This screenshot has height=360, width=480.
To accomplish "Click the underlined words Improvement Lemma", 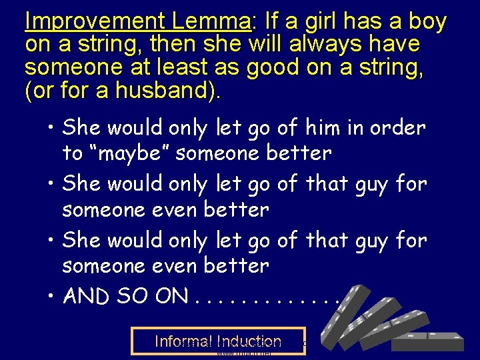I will pos(137,21).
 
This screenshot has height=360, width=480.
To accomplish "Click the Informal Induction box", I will pos(218,341).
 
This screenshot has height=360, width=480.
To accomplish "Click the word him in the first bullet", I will pos(329,127).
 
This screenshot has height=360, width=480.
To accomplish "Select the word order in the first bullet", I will pos(400,127).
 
